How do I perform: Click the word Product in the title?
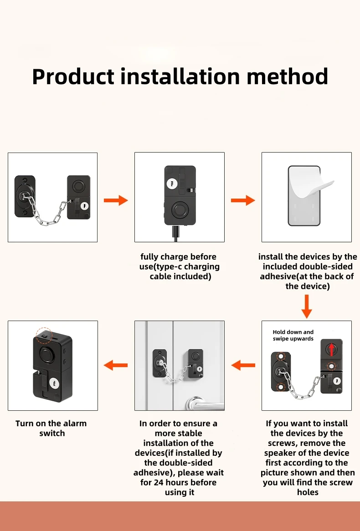(73, 77)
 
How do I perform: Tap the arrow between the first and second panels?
(116, 200)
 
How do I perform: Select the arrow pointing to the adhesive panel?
(243, 200)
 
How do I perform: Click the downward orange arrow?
(307, 306)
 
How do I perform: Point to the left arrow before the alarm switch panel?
(116, 365)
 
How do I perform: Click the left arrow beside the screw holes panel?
(243, 365)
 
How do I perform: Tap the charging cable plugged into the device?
(176, 233)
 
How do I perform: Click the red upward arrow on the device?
(331, 350)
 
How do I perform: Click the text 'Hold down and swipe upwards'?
(293, 335)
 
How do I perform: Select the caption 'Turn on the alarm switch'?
(51, 428)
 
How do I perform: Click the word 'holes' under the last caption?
(308, 492)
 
